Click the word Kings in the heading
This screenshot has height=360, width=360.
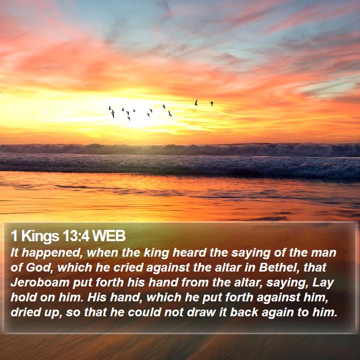tap(40, 237)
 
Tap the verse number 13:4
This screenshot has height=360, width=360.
tap(76, 236)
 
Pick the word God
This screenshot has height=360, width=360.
tap(39, 268)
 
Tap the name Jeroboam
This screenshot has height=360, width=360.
tap(40, 282)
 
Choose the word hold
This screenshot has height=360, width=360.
tap(24, 297)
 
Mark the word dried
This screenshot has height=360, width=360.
tap(24, 312)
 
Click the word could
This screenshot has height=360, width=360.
tap(145, 312)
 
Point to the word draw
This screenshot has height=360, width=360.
tap(202, 312)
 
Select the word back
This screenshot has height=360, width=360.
tap(244, 312)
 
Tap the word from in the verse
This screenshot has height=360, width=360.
tap(195, 282)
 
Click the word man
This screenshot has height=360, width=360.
tap(323, 253)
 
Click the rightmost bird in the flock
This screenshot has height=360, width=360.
tap(212, 103)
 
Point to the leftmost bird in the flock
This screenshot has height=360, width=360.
tap(110, 107)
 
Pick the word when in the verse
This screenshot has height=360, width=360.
tap(102, 253)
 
